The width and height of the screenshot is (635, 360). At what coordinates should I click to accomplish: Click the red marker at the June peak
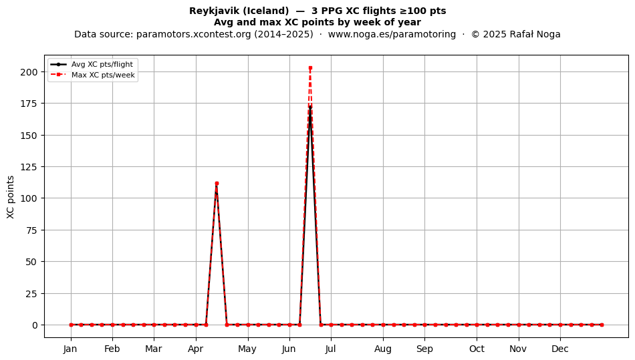point(310,68)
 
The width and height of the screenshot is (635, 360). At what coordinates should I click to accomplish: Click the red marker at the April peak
point(217,183)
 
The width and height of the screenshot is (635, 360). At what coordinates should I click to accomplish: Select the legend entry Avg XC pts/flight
point(102,64)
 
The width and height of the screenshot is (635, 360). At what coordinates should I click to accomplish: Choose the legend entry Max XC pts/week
point(103,75)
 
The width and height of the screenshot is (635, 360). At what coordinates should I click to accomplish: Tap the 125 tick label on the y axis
point(29,167)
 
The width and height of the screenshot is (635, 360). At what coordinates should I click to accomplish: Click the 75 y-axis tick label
point(31,230)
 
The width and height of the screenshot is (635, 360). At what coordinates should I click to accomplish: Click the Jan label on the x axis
point(70,349)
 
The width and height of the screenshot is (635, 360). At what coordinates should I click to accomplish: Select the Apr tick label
point(196,349)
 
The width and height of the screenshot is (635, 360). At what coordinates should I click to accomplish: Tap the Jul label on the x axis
point(331,349)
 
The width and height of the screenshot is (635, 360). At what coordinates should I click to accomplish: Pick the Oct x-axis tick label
point(477,349)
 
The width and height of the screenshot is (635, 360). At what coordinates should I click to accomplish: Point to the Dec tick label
point(560,349)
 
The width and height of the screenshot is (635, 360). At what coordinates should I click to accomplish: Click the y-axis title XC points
point(11,197)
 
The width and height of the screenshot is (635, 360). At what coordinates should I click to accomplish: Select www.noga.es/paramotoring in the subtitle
point(392,34)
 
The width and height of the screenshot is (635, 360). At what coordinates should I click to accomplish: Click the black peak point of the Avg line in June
point(310,107)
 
